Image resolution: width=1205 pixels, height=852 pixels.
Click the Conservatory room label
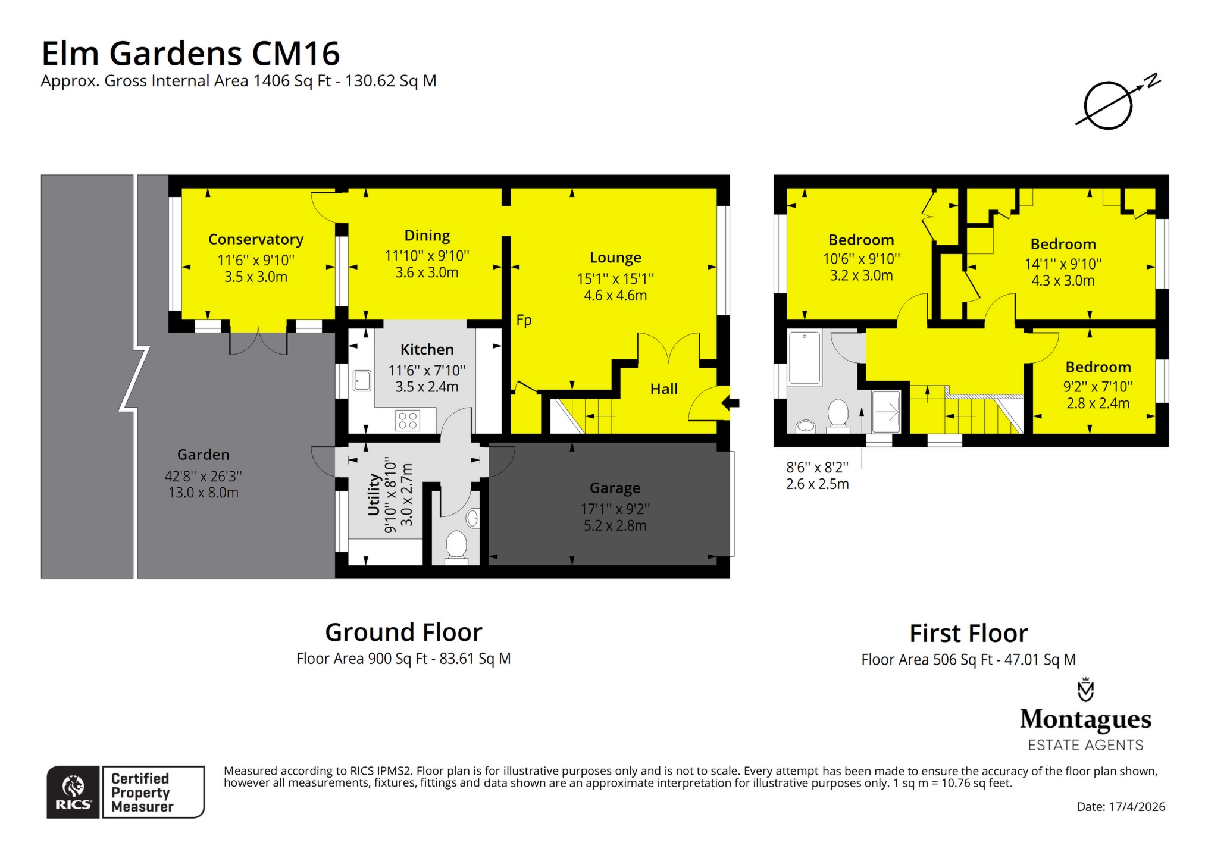(x=256, y=239)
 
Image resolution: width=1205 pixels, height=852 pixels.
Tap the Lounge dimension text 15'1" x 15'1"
(x=615, y=278)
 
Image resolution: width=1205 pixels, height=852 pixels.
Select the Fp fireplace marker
(x=524, y=320)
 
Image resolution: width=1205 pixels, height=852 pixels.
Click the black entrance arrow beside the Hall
(x=731, y=403)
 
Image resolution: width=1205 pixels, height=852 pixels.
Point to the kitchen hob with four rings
(x=408, y=421)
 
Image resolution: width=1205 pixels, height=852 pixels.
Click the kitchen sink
(x=362, y=380)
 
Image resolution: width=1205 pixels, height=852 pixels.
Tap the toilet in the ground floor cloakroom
(x=456, y=545)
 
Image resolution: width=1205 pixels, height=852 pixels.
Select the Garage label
(x=615, y=488)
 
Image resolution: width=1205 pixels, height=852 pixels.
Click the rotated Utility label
(x=374, y=494)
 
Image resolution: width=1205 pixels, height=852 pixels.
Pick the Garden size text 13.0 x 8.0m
(x=204, y=493)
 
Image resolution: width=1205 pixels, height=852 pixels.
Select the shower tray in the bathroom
(x=887, y=411)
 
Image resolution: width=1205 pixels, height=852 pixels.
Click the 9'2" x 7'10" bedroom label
(x=1098, y=367)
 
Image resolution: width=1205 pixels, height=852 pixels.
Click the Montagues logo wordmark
(x=1085, y=719)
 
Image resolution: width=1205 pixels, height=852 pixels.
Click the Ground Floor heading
(x=403, y=632)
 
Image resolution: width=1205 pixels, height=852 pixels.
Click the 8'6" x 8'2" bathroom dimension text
(x=817, y=468)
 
